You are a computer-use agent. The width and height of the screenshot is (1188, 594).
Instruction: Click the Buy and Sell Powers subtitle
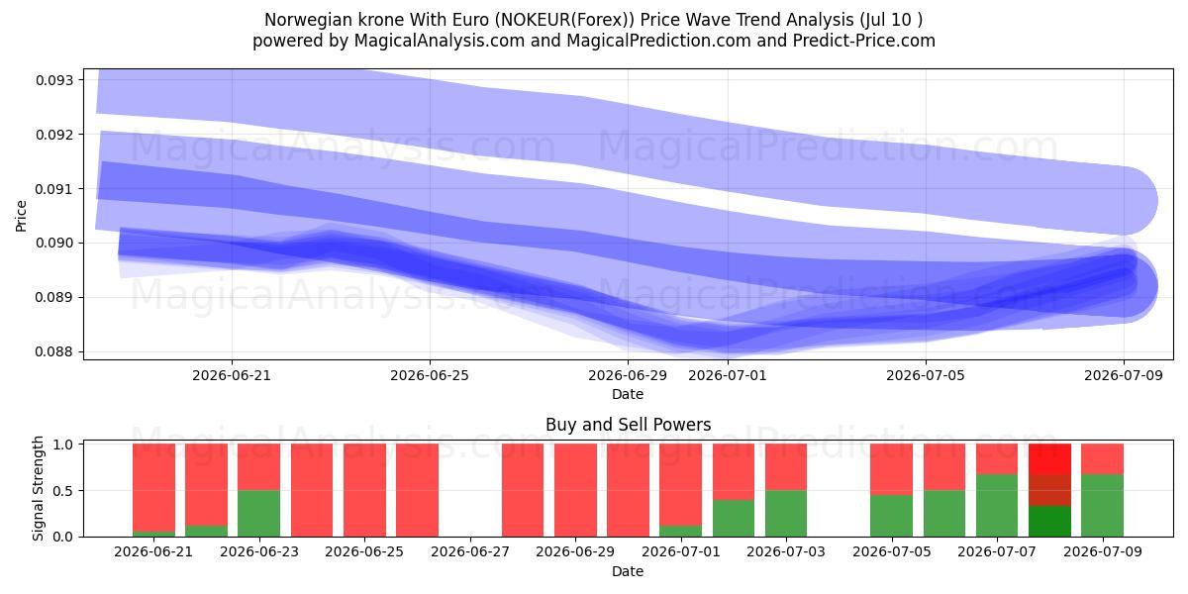point(628,425)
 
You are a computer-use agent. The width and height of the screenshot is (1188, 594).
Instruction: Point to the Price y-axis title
point(21,216)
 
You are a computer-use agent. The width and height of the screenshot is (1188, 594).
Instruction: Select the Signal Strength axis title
point(38,488)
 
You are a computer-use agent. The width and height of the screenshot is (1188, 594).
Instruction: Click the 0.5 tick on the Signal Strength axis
point(63,491)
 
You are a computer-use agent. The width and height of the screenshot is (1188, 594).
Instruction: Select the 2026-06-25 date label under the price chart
point(430,375)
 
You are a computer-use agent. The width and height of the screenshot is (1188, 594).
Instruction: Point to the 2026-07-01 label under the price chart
point(728,375)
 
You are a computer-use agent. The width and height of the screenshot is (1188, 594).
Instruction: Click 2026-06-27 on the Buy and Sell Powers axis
point(470,551)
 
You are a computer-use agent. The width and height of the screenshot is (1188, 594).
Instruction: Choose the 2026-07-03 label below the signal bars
point(786,551)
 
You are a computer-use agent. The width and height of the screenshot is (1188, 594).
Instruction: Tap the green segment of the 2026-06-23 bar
point(258,514)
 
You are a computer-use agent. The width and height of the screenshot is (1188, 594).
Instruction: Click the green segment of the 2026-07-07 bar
point(997,506)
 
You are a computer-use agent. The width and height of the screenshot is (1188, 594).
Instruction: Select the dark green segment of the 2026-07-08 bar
point(1049,522)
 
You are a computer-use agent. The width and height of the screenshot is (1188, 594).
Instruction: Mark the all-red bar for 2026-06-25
point(364,490)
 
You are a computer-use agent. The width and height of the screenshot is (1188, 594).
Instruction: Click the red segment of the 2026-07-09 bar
point(1102,458)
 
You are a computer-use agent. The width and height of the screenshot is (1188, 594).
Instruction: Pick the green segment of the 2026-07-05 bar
point(892,516)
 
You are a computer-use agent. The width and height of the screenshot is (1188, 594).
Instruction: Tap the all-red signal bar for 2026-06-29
point(575,490)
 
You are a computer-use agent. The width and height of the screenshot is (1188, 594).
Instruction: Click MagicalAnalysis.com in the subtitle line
point(440,41)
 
